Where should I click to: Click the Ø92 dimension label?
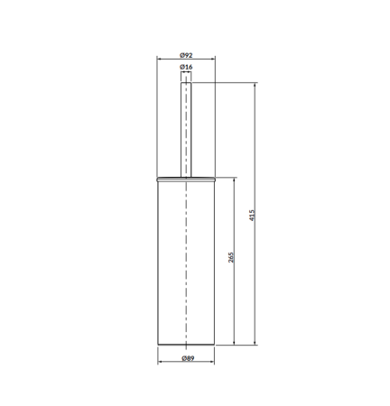point(186,55)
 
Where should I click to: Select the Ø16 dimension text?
point(186,67)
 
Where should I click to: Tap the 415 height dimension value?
point(252,216)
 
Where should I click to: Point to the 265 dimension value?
point(231,257)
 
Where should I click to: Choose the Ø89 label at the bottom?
point(188,358)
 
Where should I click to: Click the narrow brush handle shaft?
point(186,130)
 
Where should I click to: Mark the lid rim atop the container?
point(186,180)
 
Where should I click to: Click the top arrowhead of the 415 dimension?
point(255,85)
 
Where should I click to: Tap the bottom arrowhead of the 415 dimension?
point(255,342)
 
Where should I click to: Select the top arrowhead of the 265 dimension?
point(234,180)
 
